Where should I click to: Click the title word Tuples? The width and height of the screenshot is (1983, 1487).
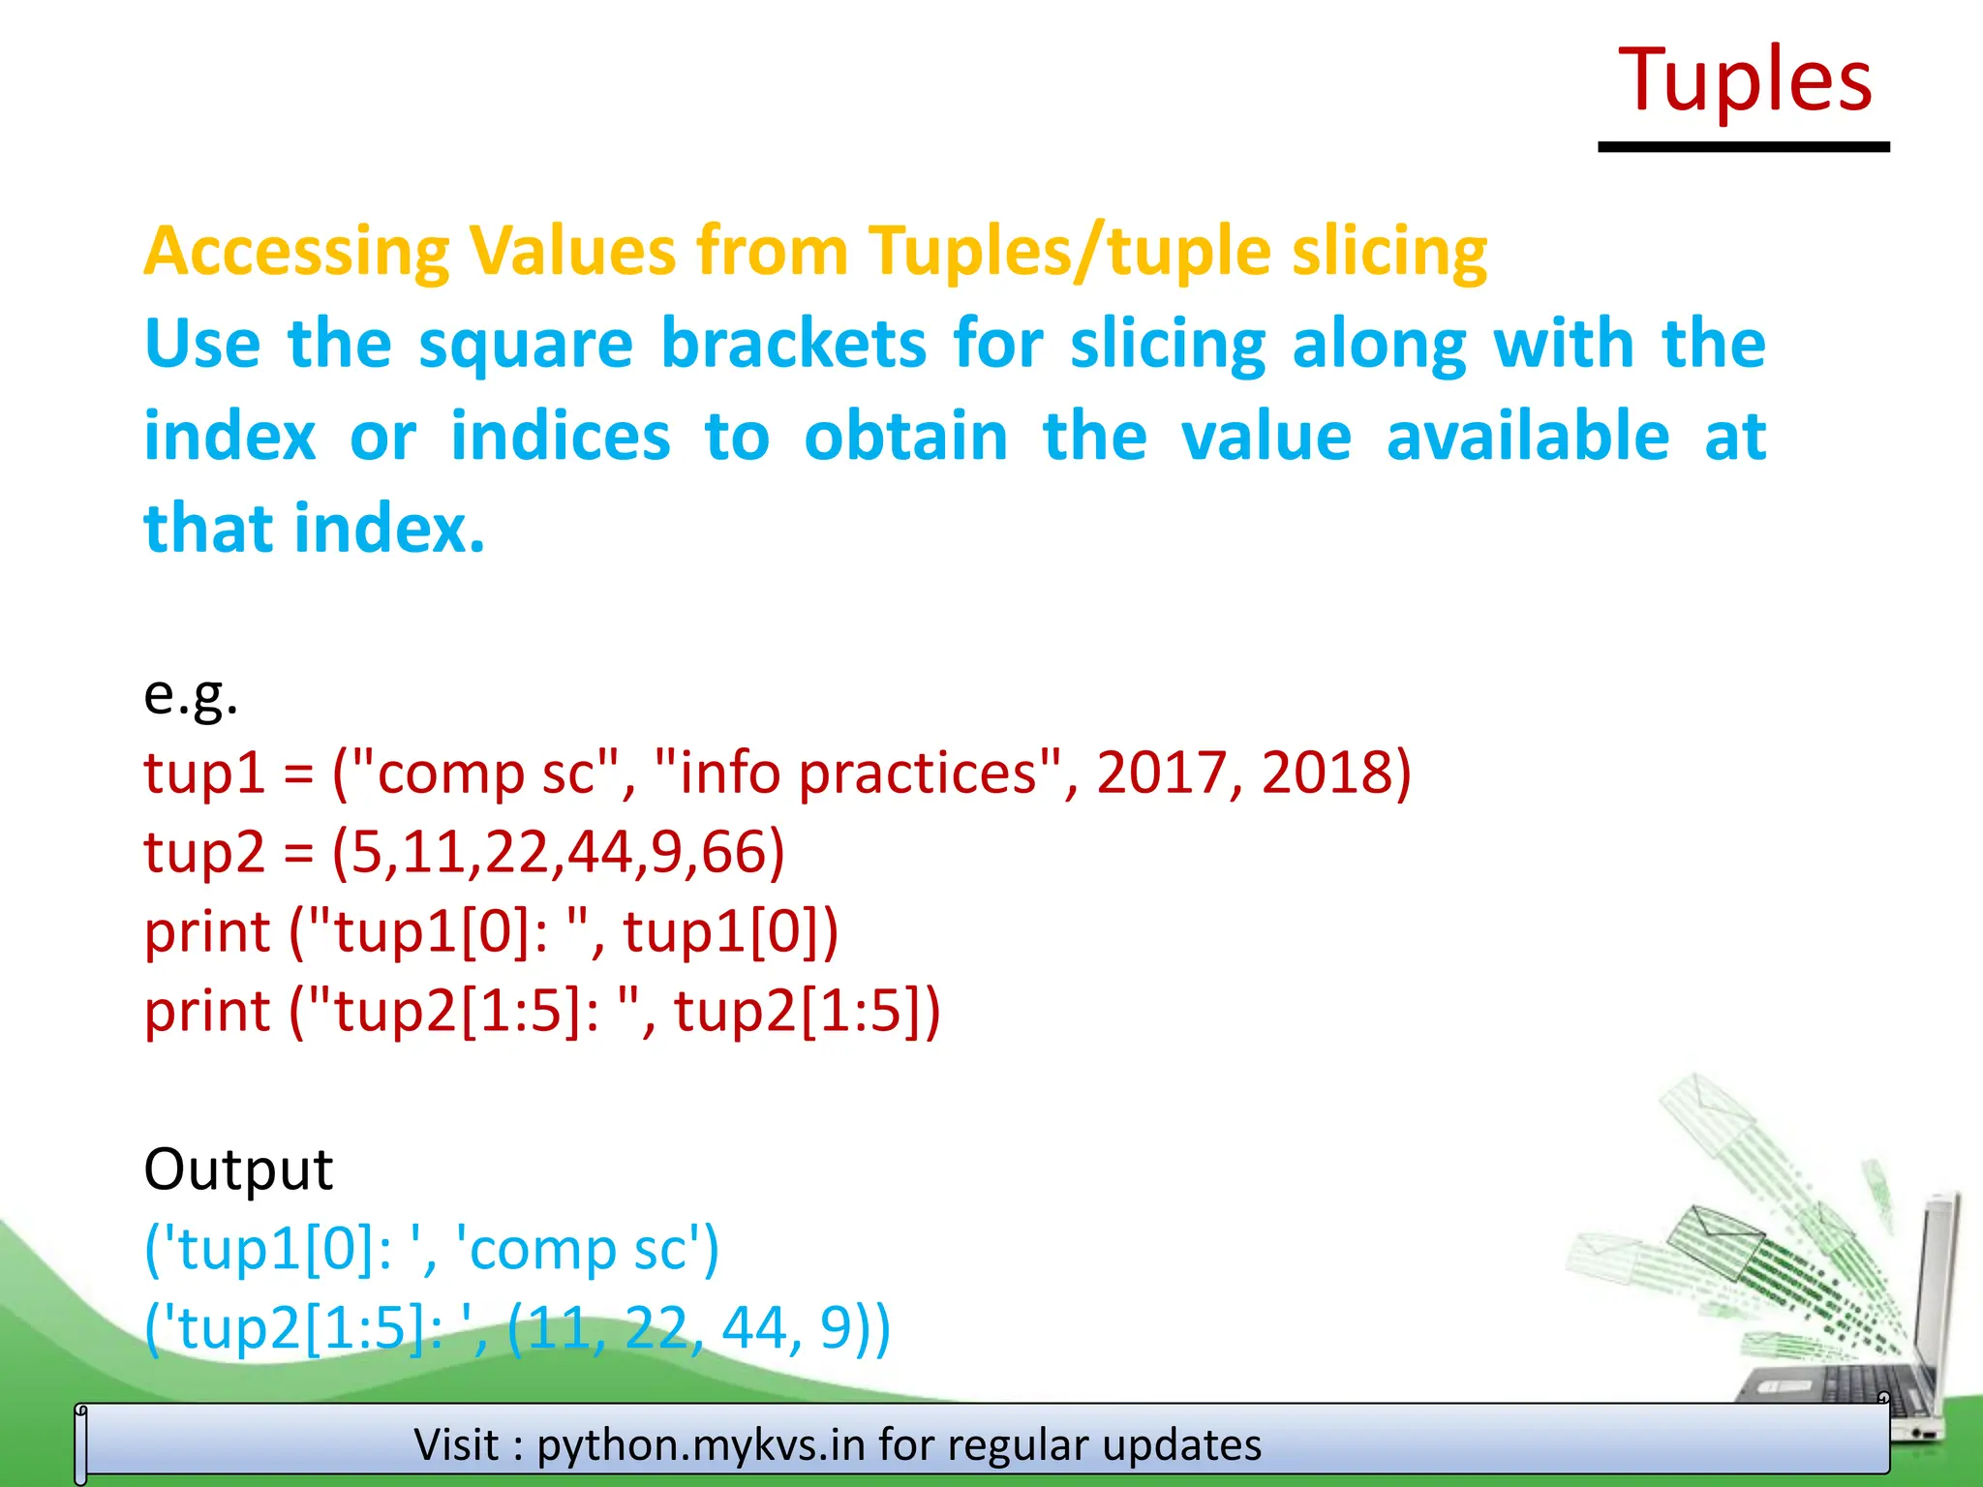(1745, 81)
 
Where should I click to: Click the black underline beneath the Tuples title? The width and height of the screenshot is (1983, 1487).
(1743, 147)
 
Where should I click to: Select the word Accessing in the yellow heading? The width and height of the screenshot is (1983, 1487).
(296, 252)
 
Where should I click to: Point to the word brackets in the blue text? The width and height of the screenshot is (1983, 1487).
(793, 345)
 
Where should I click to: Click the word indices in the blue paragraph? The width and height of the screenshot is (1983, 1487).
(561, 438)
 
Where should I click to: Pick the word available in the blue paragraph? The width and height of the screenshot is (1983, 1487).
(1528, 438)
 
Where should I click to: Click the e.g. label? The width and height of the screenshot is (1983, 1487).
(191, 694)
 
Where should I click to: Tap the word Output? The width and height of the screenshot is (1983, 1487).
(238, 1169)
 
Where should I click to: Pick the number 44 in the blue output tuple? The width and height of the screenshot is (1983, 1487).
(754, 1328)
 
